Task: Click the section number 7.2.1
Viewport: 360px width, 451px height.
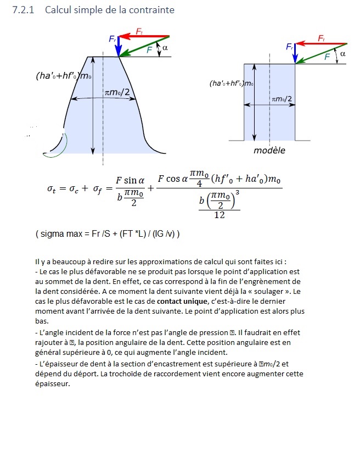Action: tap(23, 10)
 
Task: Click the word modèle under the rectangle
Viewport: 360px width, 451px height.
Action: tap(269, 150)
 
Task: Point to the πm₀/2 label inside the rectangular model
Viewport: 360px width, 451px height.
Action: tap(282, 98)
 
